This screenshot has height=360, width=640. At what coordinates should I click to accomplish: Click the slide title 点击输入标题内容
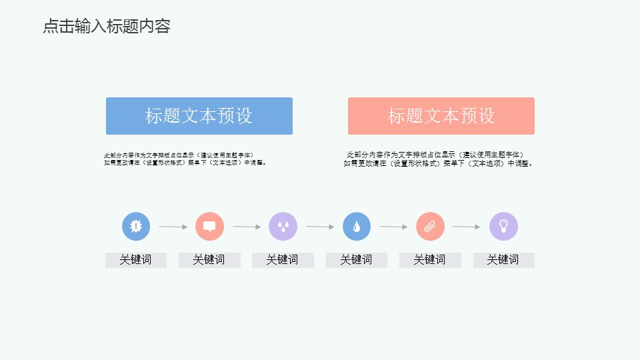pyautogui.click(x=107, y=27)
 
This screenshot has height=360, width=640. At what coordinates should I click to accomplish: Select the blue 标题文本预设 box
pyautogui.click(x=199, y=116)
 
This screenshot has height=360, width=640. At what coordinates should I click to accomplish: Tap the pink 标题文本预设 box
pyautogui.click(x=441, y=116)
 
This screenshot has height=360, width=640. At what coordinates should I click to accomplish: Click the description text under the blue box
pyautogui.click(x=185, y=159)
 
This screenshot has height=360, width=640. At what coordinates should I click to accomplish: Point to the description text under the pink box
pyautogui.click(x=439, y=159)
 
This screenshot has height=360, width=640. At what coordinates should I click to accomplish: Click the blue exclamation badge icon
pyautogui.click(x=136, y=227)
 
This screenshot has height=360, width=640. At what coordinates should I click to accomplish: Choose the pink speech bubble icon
pyautogui.click(x=209, y=227)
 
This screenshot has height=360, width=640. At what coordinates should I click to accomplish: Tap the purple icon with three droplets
pyautogui.click(x=283, y=227)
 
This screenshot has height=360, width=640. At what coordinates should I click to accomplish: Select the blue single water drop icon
pyautogui.click(x=357, y=227)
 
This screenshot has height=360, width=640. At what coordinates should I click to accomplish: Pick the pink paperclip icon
pyautogui.click(x=430, y=227)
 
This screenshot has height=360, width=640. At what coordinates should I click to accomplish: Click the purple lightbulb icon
pyautogui.click(x=503, y=227)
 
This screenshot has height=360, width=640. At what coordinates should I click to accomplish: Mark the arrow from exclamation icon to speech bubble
pyautogui.click(x=173, y=227)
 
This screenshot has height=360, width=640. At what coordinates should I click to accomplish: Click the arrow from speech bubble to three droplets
pyautogui.click(x=246, y=227)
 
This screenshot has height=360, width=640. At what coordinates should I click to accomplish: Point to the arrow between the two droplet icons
pyautogui.click(x=320, y=227)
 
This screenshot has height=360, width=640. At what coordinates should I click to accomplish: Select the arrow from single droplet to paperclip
pyautogui.click(x=393, y=227)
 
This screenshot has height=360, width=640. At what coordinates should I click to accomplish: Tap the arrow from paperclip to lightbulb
pyautogui.click(x=466, y=227)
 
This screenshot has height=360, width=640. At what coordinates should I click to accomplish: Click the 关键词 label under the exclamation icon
pyautogui.click(x=135, y=260)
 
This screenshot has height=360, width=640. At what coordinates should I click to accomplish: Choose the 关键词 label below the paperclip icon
pyautogui.click(x=430, y=260)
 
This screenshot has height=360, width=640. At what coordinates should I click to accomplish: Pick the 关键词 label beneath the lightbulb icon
pyautogui.click(x=503, y=260)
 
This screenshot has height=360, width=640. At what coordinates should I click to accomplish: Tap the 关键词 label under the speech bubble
pyautogui.click(x=209, y=260)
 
